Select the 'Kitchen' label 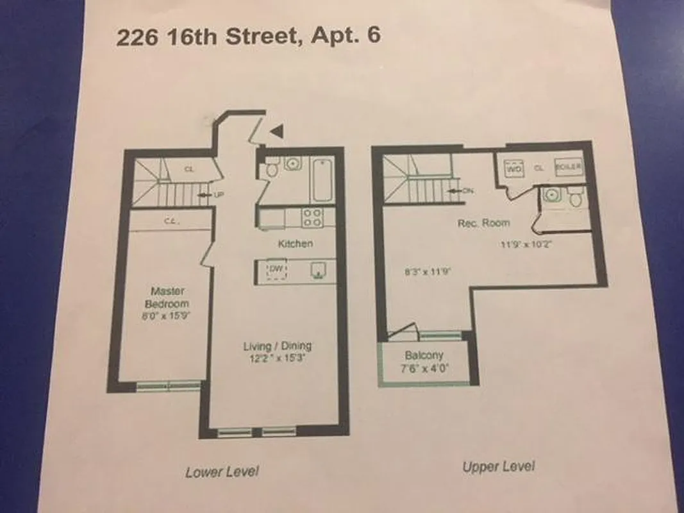click(x=296, y=244)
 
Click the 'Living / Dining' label click(x=277, y=346)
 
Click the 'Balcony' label click(x=424, y=355)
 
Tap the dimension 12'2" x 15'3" click(x=277, y=359)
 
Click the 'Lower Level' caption click(x=222, y=472)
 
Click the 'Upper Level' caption click(x=499, y=466)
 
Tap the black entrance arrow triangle click(x=276, y=131)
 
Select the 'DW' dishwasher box click(x=276, y=270)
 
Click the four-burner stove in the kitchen click(x=313, y=217)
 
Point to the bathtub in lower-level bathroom click(x=321, y=180)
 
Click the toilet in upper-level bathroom click(x=575, y=198)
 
